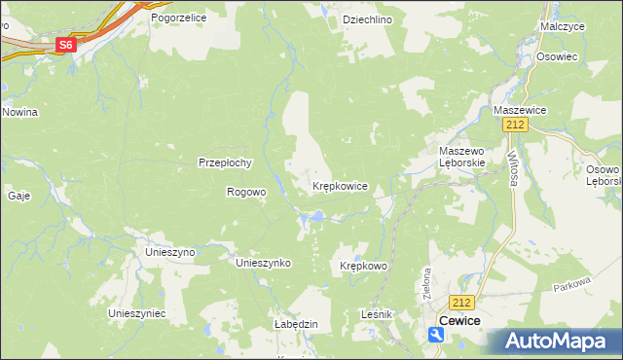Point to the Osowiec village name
(x=557, y=57)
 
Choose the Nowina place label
(x=19, y=112)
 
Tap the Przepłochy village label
(x=226, y=162)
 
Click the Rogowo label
(x=245, y=192)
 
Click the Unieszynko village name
(x=265, y=263)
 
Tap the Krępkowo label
(x=364, y=266)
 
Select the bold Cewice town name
(x=462, y=320)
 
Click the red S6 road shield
(x=65, y=45)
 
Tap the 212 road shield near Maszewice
(x=516, y=125)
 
